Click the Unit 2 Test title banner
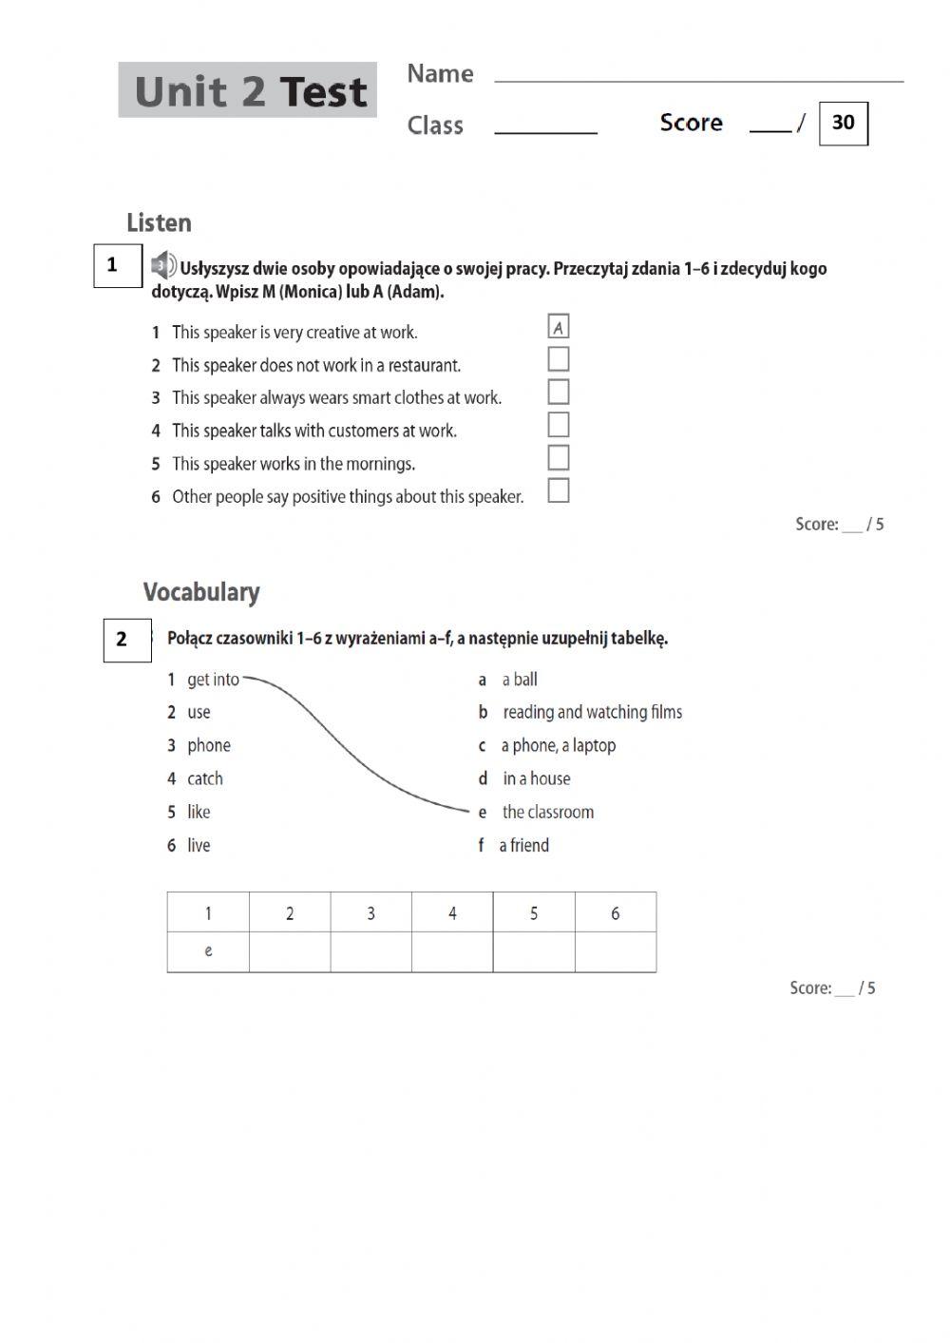click(248, 90)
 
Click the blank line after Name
click(698, 76)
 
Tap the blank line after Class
click(545, 127)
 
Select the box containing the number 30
click(843, 123)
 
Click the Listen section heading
click(159, 223)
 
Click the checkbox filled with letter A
click(559, 327)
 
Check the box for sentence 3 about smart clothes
click(559, 392)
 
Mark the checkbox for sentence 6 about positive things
click(559, 490)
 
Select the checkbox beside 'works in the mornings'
click(559, 457)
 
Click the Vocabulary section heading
click(201, 592)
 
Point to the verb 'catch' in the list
click(205, 778)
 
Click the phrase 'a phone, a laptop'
click(559, 745)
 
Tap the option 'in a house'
click(537, 778)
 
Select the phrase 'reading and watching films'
click(592, 712)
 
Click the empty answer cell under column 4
click(452, 951)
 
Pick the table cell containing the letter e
click(208, 951)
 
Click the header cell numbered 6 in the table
click(615, 912)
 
